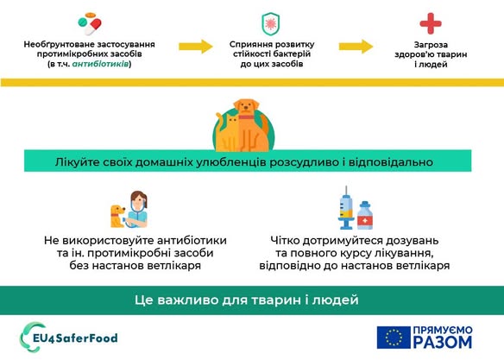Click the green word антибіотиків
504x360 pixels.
point(101,64)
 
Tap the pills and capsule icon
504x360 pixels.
point(90,24)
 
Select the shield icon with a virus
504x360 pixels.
point(271,23)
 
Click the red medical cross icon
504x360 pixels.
point(431,23)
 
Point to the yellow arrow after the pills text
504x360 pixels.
point(196,47)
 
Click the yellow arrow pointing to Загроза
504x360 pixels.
point(356,47)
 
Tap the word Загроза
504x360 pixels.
point(431,45)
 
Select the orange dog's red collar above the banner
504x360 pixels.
point(246,117)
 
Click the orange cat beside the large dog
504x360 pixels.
point(229,134)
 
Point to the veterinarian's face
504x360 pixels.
point(139,201)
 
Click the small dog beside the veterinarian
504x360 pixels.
point(117,216)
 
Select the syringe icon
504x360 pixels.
point(346,208)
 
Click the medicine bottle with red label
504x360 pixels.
point(365,215)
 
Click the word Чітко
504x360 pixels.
point(285,240)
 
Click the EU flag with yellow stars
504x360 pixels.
point(394,338)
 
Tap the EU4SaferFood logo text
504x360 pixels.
point(76,338)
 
